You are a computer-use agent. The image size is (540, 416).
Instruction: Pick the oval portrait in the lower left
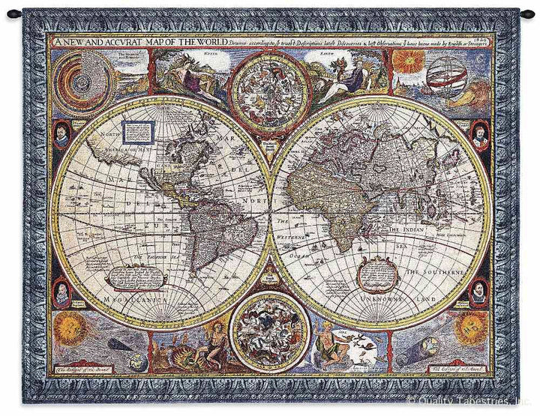click(62, 292)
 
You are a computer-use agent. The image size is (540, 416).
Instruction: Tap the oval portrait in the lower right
click(478, 292)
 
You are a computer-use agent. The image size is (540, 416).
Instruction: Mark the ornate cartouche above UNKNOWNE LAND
click(373, 274)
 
